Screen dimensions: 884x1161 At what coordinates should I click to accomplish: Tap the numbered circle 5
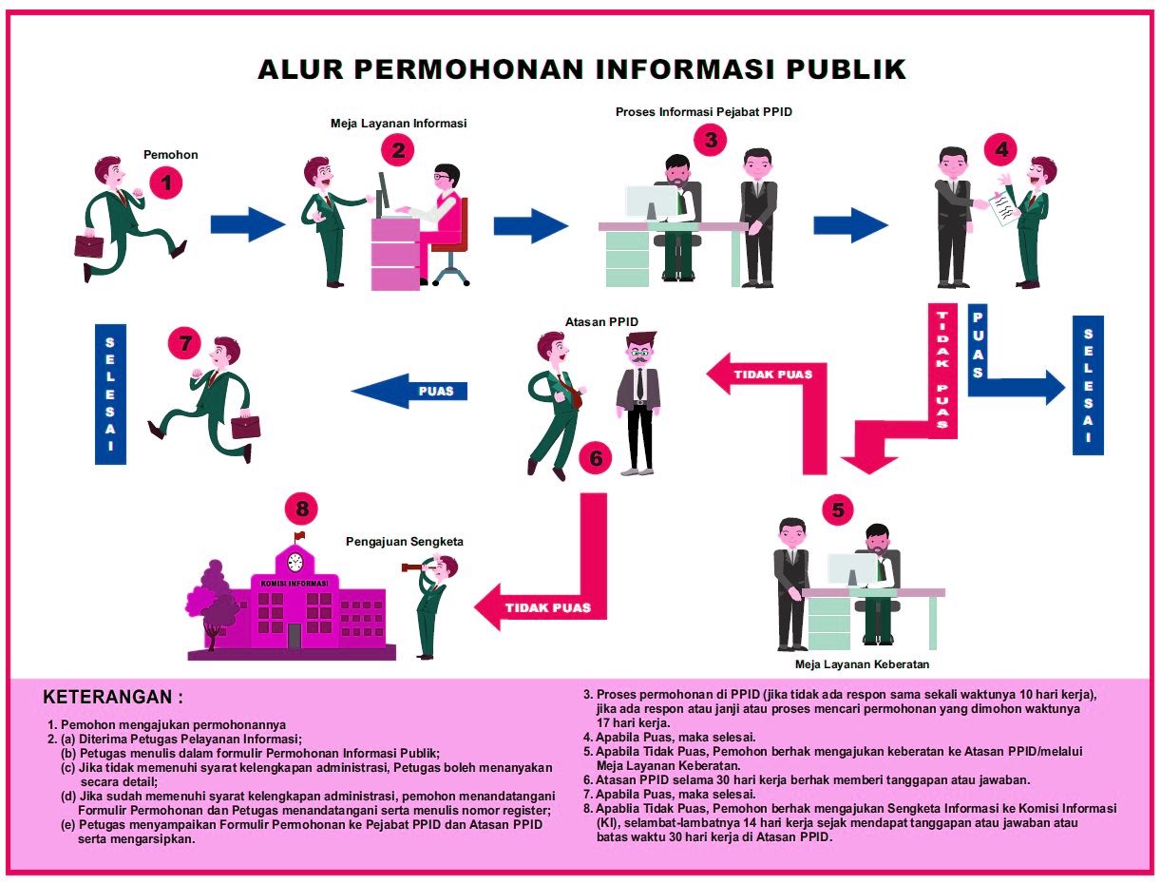pyautogui.click(x=837, y=509)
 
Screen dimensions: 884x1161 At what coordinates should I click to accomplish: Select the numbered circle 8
pyautogui.click(x=302, y=509)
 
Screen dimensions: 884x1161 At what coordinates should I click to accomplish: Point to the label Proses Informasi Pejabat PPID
pyautogui.click(x=703, y=111)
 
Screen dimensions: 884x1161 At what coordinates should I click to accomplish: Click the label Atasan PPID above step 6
pyautogui.click(x=588, y=320)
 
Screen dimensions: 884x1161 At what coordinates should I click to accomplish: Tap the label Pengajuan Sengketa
pyautogui.click(x=405, y=542)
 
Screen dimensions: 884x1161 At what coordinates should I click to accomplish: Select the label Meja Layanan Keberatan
pyautogui.click(x=862, y=664)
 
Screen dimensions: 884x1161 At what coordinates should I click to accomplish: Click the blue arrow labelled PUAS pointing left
pyautogui.click(x=410, y=391)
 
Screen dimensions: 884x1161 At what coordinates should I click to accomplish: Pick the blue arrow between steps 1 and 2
pyautogui.click(x=247, y=224)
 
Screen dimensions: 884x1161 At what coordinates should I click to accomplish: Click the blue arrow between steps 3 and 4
pyautogui.click(x=849, y=224)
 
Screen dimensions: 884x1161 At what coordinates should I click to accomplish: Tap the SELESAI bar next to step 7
pyautogui.click(x=111, y=394)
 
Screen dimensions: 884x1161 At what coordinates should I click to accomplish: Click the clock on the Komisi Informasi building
pyautogui.click(x=295, y=561)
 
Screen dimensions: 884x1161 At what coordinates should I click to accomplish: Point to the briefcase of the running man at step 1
pyautogui.click(x=89, y=244)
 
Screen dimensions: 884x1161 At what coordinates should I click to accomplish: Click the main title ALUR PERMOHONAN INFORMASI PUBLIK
pyautogui.click(x=581, y=69)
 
